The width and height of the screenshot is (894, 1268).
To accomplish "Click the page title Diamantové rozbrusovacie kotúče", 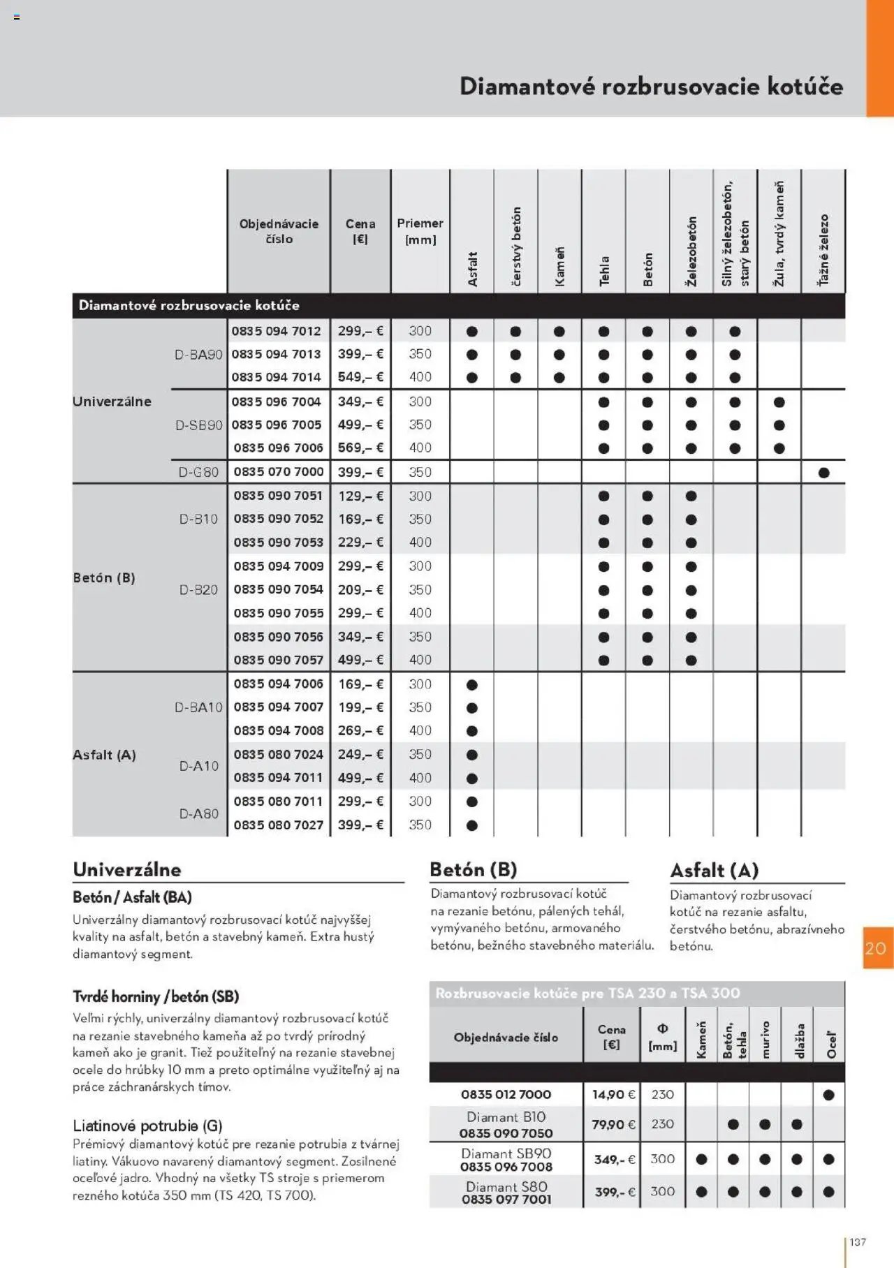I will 651,87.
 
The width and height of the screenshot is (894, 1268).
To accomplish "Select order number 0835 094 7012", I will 277,331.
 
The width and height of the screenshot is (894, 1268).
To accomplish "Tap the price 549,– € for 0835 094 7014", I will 360,377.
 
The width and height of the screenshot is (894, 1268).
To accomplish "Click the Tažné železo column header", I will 824,250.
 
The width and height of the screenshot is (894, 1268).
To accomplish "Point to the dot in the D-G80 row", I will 824,473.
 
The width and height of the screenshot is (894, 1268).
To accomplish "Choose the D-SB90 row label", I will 198,425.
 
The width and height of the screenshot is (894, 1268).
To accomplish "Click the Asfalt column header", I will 473,269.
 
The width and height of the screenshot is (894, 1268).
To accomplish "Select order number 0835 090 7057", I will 278,660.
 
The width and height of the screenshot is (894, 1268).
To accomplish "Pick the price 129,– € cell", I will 360,496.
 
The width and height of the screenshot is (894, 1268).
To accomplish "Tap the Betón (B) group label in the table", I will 104,578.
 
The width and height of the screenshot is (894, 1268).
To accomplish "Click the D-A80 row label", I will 199,813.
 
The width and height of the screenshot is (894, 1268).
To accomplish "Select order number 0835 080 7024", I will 278,755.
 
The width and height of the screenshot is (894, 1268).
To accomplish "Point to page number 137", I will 858,1242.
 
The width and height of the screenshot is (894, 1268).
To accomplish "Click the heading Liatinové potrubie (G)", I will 147,1126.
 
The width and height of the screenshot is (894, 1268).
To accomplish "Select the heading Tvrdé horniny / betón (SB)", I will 156,996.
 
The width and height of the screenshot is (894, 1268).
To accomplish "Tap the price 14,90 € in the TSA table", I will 613,1095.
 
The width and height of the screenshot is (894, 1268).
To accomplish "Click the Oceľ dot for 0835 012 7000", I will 829,1095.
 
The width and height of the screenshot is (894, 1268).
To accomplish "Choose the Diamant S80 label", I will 506,1186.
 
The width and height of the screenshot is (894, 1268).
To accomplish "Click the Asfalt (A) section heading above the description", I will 714,871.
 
